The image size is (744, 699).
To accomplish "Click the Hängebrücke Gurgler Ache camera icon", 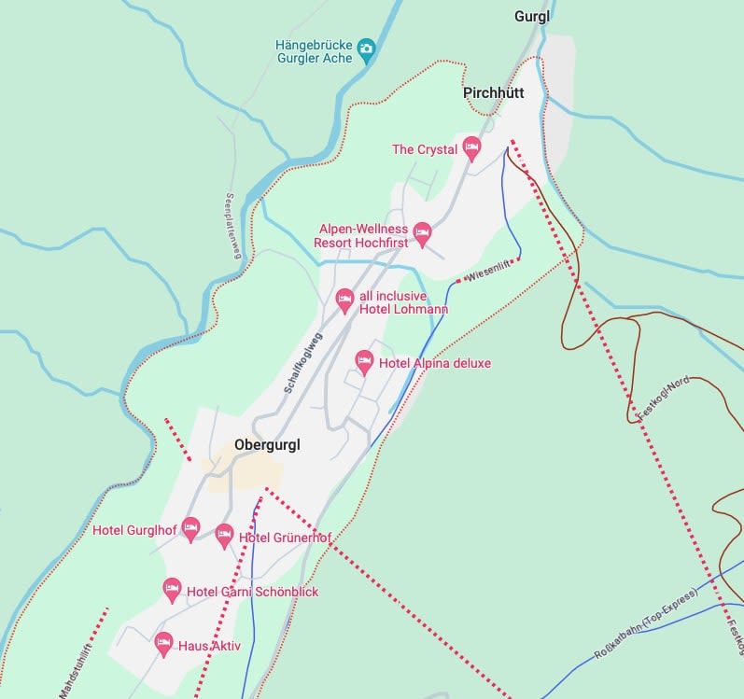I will tap(366, 48).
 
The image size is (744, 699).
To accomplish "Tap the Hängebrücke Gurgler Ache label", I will tap(315, 52).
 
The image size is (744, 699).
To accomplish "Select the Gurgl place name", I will tap(533, 17).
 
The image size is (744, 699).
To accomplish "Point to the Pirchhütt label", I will tap(494, 92).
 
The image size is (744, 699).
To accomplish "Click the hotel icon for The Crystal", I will tap(471, 147).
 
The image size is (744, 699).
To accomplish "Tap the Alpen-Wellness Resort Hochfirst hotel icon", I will tap(422, 232).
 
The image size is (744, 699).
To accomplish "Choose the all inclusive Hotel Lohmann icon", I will tap(344, 300).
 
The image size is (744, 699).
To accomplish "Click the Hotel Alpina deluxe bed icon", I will tap(365, 361).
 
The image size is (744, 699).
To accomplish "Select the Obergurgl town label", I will tap(268, 445).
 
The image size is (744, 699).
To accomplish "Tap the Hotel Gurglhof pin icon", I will tap(190, 528).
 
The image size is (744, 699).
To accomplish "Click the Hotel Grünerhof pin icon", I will tap(224, 535).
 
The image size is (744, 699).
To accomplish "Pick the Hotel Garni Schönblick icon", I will tap(172, 589).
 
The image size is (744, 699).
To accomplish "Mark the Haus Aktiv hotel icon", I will tap(164, 643).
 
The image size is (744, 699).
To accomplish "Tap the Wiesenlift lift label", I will tap(488, 271).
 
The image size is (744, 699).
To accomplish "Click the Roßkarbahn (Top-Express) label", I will tap(645, 624).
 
